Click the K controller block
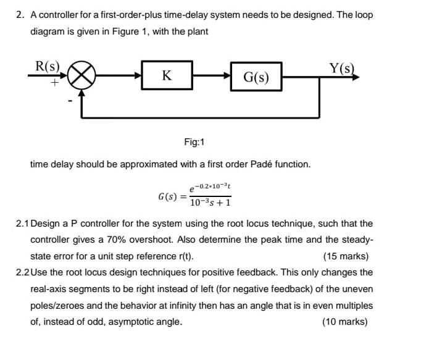(167, 75)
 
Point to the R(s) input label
(48, 65)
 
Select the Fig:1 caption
(194, 143)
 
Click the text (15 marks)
(346, 256)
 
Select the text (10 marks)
(346, 321)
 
